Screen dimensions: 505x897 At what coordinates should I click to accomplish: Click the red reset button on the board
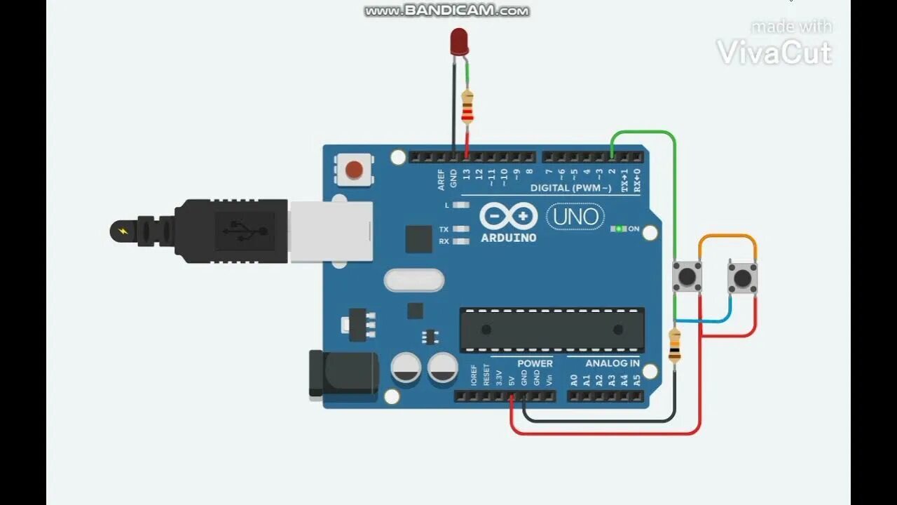[355, 170]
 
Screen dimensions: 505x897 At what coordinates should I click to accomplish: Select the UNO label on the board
[575, 217]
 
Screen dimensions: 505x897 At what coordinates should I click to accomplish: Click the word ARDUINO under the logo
[509, 238]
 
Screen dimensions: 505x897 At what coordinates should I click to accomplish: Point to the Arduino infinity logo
[509, 216]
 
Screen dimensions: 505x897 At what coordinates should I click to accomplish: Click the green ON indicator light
[619, 229]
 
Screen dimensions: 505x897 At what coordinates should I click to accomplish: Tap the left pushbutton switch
[687, 276]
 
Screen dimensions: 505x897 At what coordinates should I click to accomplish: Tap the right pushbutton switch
[742, 278]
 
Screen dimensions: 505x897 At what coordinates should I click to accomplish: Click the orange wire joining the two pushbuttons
[727, 236]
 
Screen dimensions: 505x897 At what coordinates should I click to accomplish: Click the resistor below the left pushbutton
[674, 345]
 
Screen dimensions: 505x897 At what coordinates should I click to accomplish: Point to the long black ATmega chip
[552, 330]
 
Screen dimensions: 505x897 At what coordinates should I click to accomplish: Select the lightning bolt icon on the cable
[123, 231]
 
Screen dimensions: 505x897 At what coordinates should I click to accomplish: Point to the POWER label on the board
[535, 363]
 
